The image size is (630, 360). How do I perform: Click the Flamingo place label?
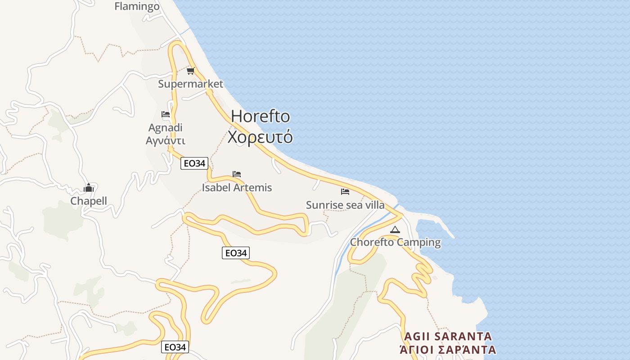[x=137, y=6]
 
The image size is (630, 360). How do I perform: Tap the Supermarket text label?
[x=190, y=84]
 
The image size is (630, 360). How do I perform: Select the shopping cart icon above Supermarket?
[x=190, y=71]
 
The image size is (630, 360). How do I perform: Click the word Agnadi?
[x=165, y=128]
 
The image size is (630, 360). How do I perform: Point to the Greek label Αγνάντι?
[x=165, y=140]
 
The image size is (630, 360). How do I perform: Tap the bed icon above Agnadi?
[x=165, y=114]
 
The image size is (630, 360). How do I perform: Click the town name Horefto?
[x=260, y=117]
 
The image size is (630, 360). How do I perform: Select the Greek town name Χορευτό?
[x=260, y=137]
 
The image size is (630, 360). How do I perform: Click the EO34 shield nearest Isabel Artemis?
[x=194, y=163]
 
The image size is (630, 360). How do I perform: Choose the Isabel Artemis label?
[x=237, y=187]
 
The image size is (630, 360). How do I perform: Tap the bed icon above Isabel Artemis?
[x=237, y=174]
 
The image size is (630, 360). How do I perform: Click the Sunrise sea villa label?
[x=345, y=205]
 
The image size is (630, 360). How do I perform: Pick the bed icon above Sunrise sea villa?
[x=345, y=192]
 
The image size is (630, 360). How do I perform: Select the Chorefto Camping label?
[x=395, y=242]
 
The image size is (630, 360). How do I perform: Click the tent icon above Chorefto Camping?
[x=395, y=229]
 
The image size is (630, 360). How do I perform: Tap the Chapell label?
[x=89, y=201]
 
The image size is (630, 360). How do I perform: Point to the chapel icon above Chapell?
[x=89, y=187]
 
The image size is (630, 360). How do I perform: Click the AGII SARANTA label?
[x=448, y=337]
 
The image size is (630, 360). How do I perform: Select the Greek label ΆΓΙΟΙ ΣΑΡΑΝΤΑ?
[x=448, y=350]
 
